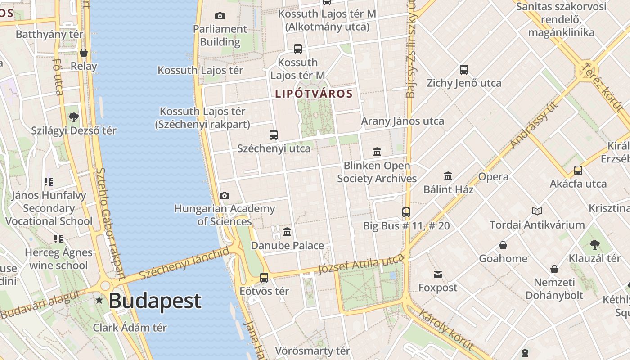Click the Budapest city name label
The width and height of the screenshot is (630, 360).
(155, 301)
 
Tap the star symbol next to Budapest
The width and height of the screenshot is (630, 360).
(99, 300)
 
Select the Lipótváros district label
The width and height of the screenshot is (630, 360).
(314, 94)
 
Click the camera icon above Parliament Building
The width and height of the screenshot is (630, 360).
(220, 16)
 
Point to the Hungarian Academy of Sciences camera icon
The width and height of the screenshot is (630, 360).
(224, 195)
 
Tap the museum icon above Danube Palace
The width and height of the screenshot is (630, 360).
(287, 232)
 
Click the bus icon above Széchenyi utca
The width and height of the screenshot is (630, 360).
(274, 135)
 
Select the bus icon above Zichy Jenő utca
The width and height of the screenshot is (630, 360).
(464, 70)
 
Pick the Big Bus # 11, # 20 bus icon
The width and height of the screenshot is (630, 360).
(406, 212)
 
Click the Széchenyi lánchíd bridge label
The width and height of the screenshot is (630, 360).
(184, 264)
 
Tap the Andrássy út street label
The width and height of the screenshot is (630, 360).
(534, 126)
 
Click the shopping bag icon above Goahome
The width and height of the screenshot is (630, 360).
(503, 245)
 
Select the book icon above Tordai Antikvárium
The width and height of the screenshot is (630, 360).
(537, 211)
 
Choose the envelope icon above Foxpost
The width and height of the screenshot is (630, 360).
(438, 274)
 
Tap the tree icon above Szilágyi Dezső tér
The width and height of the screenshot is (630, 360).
(74, 117)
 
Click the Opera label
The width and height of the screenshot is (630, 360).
(494, 176)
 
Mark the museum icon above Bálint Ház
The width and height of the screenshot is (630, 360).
(448, 176)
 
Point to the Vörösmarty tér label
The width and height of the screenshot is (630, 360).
(312, 351)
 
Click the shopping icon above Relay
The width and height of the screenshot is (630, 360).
(84, 53)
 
